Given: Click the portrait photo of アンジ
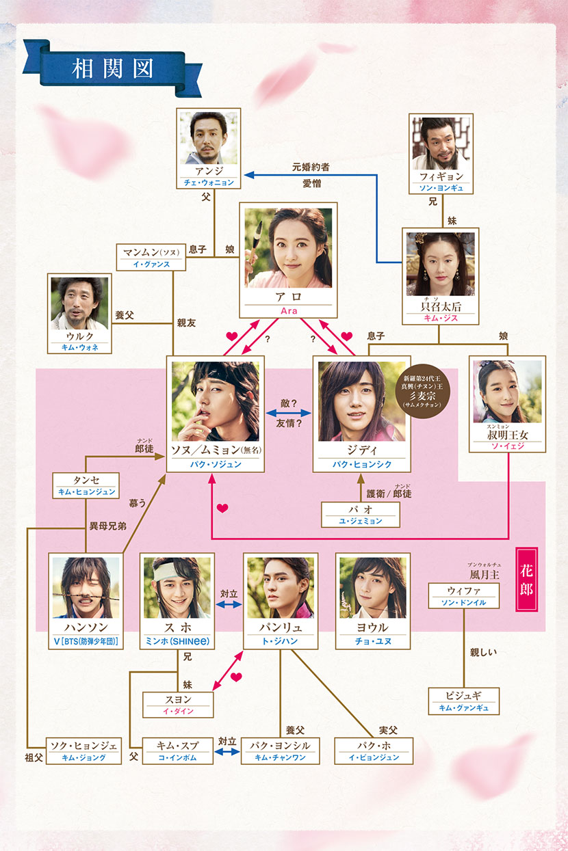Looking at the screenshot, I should click(208, 138).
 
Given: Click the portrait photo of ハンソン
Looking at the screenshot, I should click(86, 587).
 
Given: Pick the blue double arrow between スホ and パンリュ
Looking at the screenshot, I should click(229, 605).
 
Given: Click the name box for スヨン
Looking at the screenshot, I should click(177, 704).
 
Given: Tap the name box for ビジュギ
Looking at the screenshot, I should click(463, 701).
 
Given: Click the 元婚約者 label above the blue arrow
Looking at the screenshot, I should click(311, 166).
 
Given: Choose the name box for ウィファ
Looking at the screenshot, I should click(463, 595).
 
